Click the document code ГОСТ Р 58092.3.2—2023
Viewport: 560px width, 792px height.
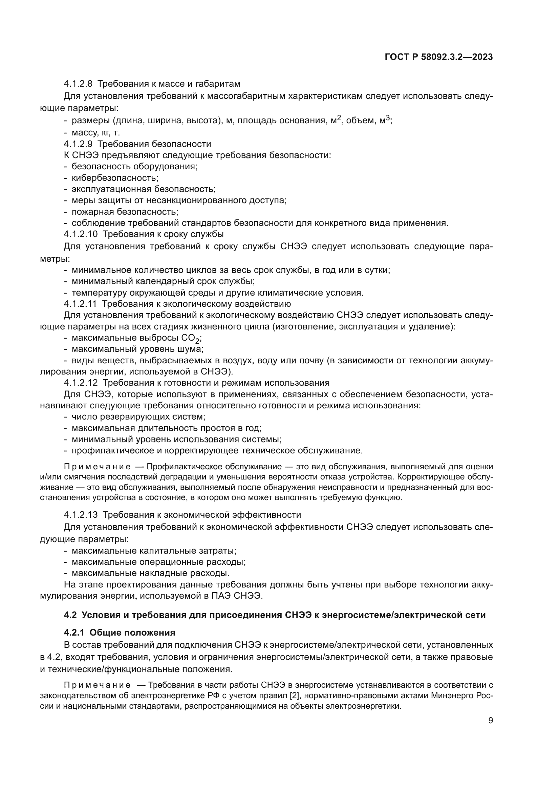click(438, 57)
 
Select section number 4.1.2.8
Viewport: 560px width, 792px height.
click(78, 84)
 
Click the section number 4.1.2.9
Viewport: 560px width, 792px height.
click(78, 144)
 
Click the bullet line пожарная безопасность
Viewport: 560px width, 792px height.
click(125, 211)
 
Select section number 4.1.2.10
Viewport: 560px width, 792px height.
click(80, 234)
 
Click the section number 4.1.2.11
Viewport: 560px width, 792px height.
click(80, 304)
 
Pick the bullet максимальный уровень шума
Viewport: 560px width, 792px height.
click(137, 349)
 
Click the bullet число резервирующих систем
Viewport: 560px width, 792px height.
click(138, 417)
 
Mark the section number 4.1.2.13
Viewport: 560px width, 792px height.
click(80, 515)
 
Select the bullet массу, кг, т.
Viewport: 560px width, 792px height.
click(95, 132)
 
